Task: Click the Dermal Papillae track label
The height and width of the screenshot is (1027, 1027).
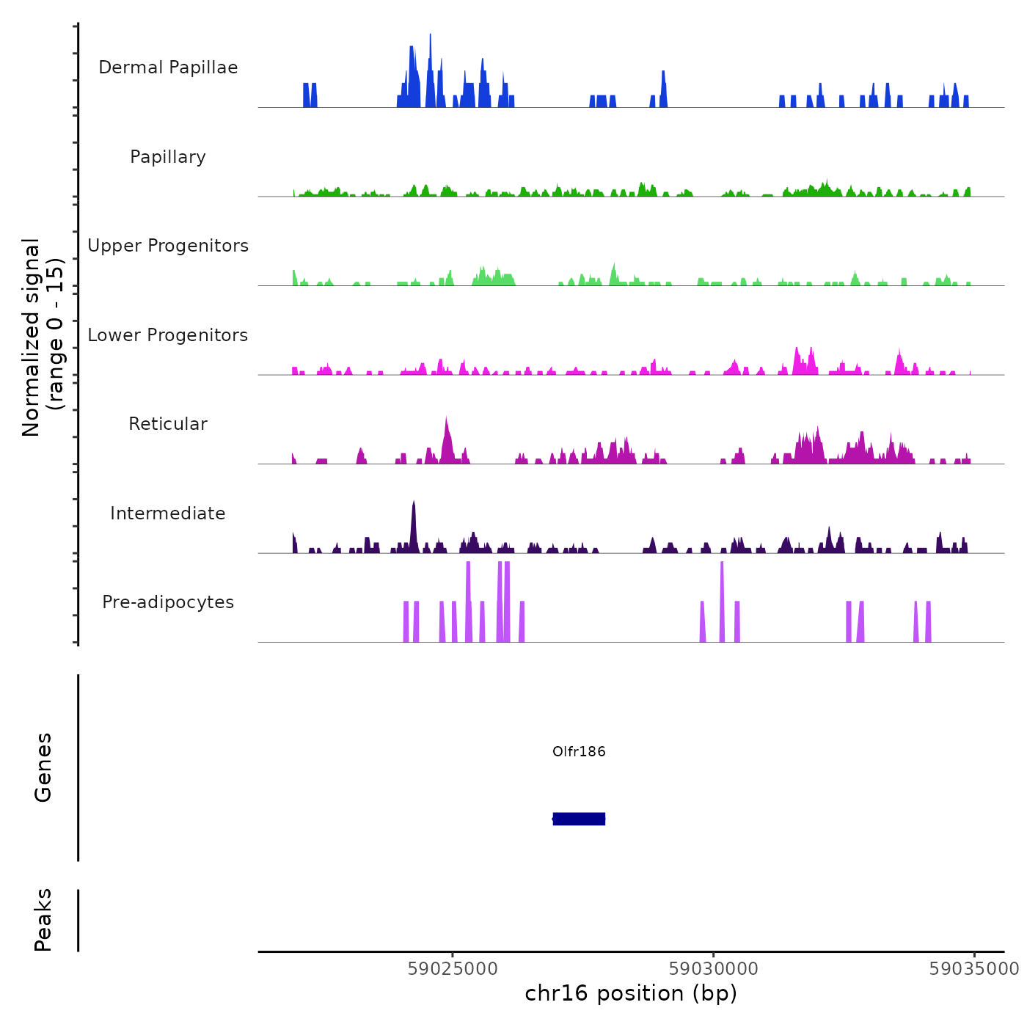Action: pyautogui.click(x=168, y=67)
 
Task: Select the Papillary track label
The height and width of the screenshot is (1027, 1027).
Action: pyautogui.click(x=168, y=157)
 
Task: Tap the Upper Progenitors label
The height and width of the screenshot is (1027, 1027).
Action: pyautogui.click(x=168, y=246)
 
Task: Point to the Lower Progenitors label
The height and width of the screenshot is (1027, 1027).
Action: pyautogui.click(x=168, y=335)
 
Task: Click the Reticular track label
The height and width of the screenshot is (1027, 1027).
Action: pyautogui.click(x=168, y=424)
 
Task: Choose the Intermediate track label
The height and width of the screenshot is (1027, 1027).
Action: pyautogui.click(x=168, y=513)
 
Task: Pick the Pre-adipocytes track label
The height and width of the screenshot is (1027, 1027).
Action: pyautogui.click(x=168, y=602)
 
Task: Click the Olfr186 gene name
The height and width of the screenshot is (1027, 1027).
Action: pyautogui.click(x=579, y=751)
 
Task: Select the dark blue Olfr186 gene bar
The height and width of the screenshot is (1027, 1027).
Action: pyautogui.click(x=579, y=819)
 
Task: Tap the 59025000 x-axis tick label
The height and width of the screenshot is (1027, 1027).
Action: pyautogui.click(x=453, y=969)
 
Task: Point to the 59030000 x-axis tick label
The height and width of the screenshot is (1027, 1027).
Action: pyautogui.click(x=714, y=969)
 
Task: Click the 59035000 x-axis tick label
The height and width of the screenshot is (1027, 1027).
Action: pyautogui.click(x=973, y=969)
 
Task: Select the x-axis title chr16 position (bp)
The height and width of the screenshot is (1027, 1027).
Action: pyautogui.click(x=631, y=993)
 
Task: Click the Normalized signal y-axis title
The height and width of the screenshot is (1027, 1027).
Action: pyautogui.click(x=43, y=337)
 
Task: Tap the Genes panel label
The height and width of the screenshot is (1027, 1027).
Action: pyautogui.click(x=43, y=767)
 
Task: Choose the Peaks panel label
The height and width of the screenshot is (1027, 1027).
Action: pyautogui.click(x=43, y=920)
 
